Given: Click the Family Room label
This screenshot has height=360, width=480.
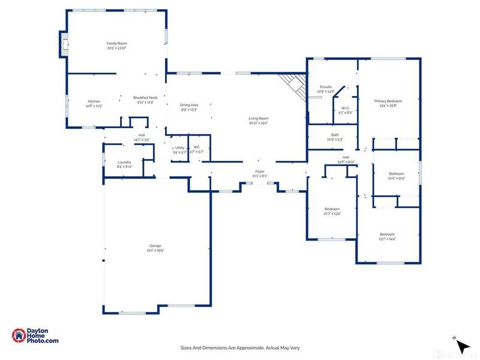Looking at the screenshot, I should [x=117, y=44].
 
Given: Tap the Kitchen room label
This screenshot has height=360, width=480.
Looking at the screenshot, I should [x=94, y=101].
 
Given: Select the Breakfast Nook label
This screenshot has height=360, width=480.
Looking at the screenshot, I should [x=145, y=98].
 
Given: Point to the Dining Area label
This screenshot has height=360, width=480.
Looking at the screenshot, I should [x=189, y=105].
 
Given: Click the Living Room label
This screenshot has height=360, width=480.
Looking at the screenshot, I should [x=259, y=119].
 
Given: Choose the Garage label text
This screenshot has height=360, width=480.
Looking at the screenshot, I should [x=155, y=246].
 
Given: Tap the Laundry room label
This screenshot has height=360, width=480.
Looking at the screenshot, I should [x=124, y=162].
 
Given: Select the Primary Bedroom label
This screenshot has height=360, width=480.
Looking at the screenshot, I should [x=388, y=101].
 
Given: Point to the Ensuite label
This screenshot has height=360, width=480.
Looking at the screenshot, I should [x=326, y=87].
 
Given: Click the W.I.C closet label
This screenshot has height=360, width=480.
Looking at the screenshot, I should [x=345, y=109].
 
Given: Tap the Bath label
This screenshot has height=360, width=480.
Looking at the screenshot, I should [x=335, y=135].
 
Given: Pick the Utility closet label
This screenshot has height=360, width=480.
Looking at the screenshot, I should [x=179, y=148].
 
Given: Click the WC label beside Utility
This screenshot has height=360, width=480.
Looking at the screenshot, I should [x=196, y=148].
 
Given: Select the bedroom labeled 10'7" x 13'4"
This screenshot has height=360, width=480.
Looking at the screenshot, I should [x=332, y=209].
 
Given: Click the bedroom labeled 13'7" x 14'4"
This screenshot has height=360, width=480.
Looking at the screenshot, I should [x=387, y=235].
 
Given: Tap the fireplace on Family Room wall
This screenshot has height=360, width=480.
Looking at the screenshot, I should [x=62, y=44].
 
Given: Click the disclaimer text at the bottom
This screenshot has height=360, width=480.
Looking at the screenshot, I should [x=240, y=347].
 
